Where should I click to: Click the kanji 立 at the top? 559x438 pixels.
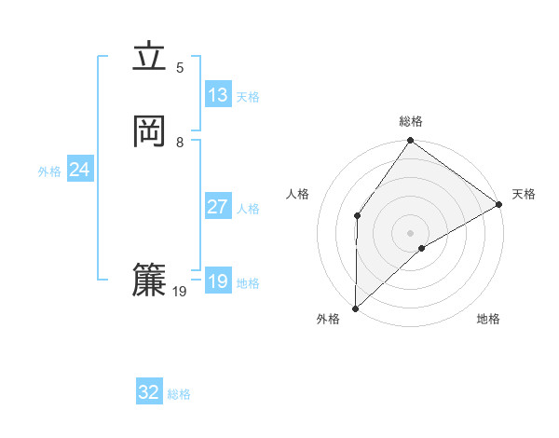tap(149, 58)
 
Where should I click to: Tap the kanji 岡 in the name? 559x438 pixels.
tap(149, 132)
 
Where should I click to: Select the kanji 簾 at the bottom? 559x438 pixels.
tap(149, 281)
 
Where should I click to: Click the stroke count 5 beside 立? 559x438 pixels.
tap(180, 67)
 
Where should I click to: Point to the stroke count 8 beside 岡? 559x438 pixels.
tap(180, 142)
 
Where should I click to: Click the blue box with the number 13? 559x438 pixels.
tap(218, 95)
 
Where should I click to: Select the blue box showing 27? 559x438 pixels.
tap(218, 207)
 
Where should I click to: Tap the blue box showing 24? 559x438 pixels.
tap(80, 170)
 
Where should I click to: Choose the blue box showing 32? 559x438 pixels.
tap(149, 392)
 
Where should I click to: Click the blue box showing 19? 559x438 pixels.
tap(218, 281)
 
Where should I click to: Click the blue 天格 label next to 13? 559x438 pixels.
tap(248, 97)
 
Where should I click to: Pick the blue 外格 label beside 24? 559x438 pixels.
tap(49, 171)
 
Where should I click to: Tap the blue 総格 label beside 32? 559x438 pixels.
tap(179, 394)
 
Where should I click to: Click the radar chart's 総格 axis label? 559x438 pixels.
tap(411, 121)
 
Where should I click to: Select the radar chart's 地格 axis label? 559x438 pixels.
tap(488, 320)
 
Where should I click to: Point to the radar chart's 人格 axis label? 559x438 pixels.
tap(298, 194)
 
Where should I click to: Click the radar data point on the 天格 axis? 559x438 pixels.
tap(499, 204)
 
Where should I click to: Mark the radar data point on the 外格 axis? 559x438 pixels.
tap(355, 308)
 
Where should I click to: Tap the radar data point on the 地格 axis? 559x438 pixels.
tap(422, 248)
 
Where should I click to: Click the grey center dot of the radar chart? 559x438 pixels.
tap(410, 232)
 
